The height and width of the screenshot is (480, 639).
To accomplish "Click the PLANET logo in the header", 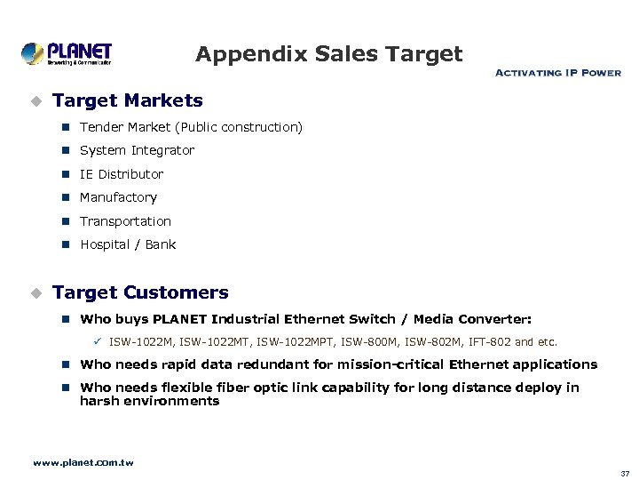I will pyautogui.click(x=67, y=53).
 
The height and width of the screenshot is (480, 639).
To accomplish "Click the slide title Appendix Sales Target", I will pyautogui.click(x=328, y=54).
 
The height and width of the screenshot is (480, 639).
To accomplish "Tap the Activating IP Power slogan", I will pyautogui.click(x=557, y=73).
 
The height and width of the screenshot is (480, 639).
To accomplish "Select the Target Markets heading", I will pyautogui.click(x=128, y=100).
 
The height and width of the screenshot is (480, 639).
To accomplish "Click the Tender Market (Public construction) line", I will pyautogui.click(x=191, y=127).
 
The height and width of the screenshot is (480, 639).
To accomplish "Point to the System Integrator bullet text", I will pyautogui.click(x=137, y=150).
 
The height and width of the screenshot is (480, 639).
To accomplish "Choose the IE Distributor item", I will pyautogui.click(x=122, y=174).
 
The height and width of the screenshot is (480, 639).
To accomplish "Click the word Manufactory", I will pyautogui.click(x=118, y=197).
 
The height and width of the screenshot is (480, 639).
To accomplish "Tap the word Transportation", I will pyautogui.click(x=125, y=221).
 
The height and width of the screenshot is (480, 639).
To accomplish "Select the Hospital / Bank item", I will pyautogui.click(x=128, y=244).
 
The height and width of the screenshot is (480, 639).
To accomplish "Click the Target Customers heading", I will pyautogui.click(x=140, y=292).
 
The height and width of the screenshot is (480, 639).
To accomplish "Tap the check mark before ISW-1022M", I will pyautogui.click(x=99, y=340).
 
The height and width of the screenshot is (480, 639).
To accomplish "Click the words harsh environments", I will pyautogui.click(x=149, y=401).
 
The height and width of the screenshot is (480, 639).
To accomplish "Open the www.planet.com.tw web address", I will pyautogui.click(x=83, y=462).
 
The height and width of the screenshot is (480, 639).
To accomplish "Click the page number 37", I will pyautogui.click(x=625, y=473).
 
